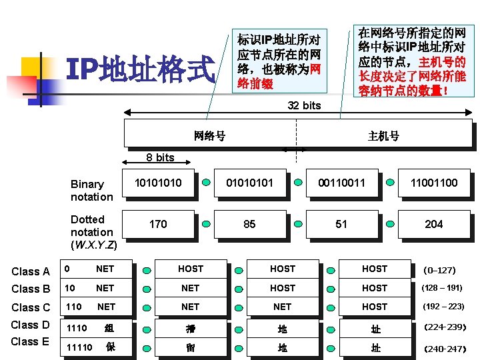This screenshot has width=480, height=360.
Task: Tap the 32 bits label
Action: pos(304,105)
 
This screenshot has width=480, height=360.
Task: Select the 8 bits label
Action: pos(160,157)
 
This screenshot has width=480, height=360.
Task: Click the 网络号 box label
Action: pos(209,136)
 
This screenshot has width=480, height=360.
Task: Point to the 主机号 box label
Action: pos(383,136)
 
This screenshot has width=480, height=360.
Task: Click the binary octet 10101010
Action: pos(158,182)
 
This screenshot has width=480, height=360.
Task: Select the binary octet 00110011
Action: pos(341,182)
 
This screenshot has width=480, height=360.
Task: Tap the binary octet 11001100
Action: pos(434,182)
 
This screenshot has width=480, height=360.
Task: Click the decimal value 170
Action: pos(158,224)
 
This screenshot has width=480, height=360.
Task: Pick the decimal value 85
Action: pos(249,224)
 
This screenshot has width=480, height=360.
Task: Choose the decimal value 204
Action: pos(434,224)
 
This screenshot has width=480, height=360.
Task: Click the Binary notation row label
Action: pos(91,190)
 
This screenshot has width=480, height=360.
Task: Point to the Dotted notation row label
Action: pos(93,232)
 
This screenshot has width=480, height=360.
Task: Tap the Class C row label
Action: pos(31,307)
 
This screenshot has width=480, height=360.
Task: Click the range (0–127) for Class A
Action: pos(439,270)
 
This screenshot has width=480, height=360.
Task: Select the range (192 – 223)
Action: pos(443,307)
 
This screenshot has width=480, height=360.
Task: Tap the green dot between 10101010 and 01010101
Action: pos(207,182)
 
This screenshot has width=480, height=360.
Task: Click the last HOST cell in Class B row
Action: pos(374,288)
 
